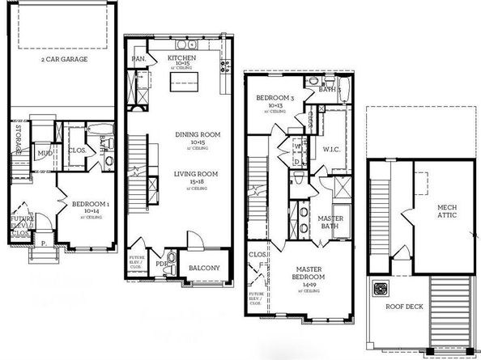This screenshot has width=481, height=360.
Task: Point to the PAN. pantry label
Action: point(138,59)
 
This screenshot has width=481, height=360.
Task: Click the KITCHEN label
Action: point(182,59)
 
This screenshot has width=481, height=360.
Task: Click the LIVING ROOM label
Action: point(193,176)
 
